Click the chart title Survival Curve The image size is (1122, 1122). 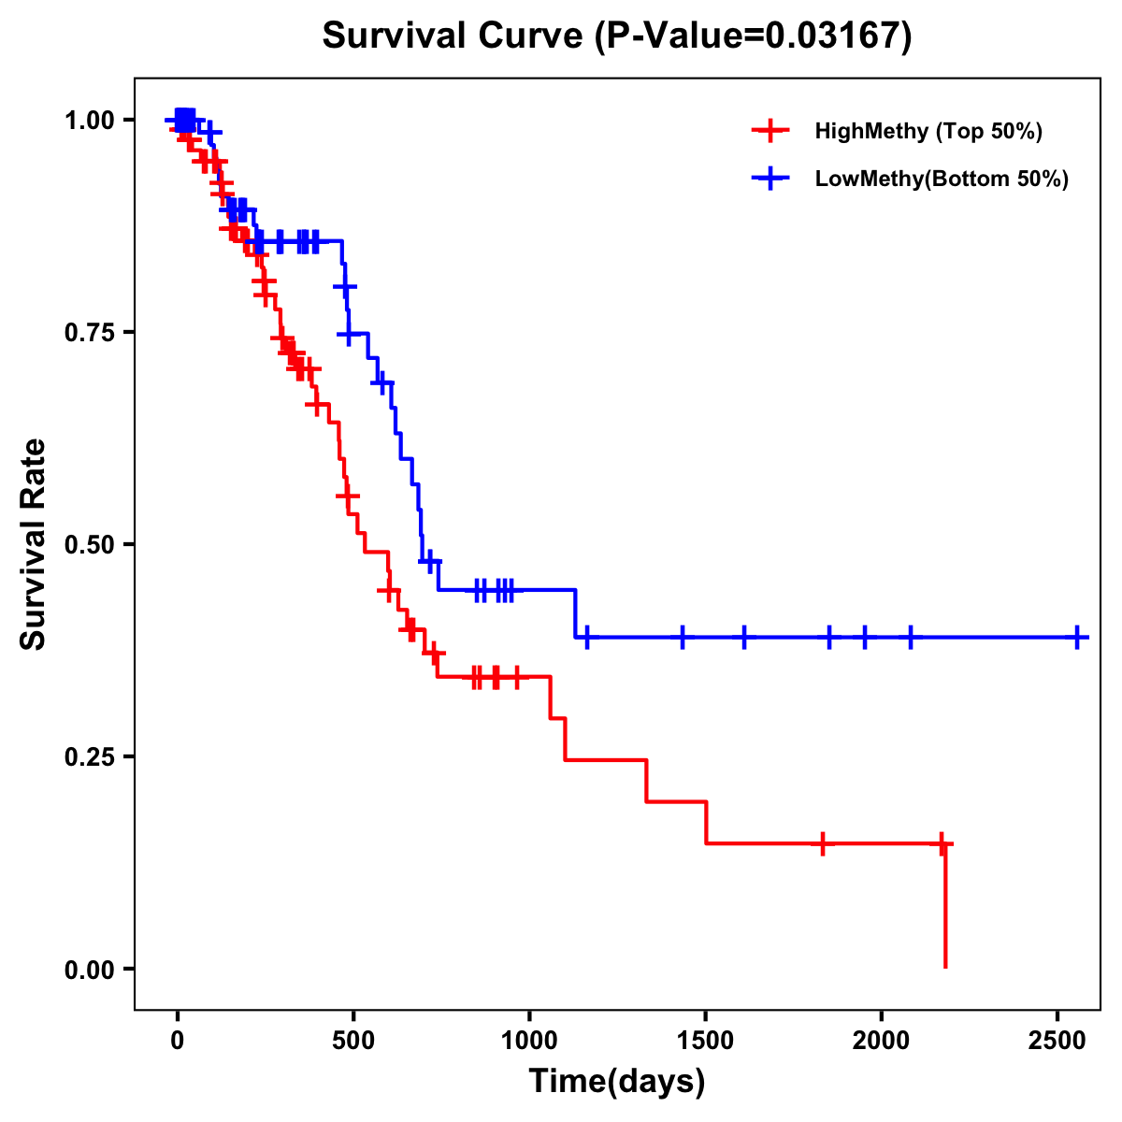point(616,36)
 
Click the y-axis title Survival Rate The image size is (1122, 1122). point(34,544)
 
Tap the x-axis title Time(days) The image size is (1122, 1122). point(617,1082)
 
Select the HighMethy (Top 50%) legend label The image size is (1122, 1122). point(928,131)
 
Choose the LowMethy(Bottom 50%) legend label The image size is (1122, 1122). point(942,180)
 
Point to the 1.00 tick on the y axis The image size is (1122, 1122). point(89,121)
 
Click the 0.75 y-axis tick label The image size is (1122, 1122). point(89,333)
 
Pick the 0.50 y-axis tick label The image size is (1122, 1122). point(89,545)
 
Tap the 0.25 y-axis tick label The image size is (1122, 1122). point(89,757)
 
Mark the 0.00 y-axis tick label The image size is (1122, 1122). point(89,970)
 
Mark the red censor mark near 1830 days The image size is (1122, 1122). point(822,843)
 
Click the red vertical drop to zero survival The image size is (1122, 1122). point(945,907)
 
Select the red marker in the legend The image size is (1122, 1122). point(769,131)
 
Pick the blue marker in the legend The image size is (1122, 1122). point(769,180)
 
